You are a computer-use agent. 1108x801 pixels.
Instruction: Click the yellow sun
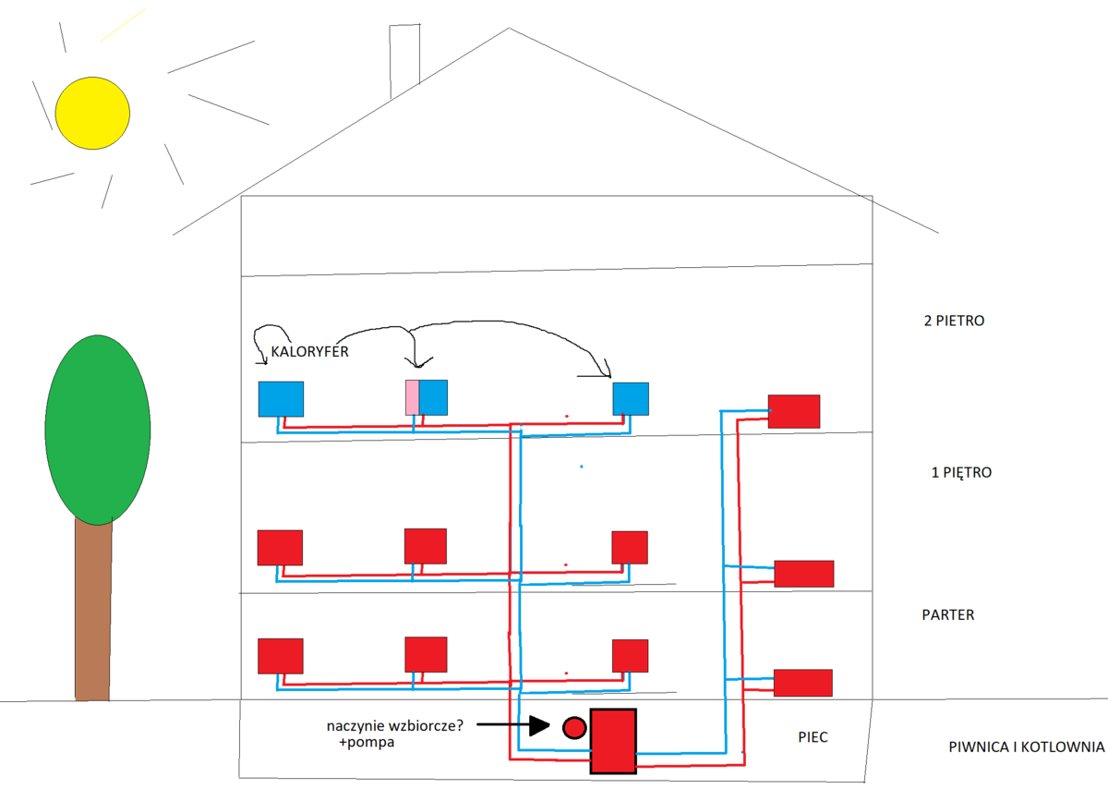[87, 113]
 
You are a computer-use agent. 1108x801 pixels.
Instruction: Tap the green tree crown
[97, 429]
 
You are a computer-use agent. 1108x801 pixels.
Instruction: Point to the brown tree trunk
[93, 610]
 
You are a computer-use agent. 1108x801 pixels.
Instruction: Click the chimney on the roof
[404, 55]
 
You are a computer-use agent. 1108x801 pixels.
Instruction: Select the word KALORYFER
[309, 352]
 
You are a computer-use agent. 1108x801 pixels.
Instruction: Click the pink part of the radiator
[412, 397]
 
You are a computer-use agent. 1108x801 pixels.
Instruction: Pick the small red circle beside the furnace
[574, 727]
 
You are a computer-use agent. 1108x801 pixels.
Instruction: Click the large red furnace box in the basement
[613, 741]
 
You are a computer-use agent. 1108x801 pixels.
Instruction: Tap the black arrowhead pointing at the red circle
[539, 726]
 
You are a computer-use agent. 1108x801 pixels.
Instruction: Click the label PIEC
[813, 738]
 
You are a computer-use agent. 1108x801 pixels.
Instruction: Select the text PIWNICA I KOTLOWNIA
[1026, 747]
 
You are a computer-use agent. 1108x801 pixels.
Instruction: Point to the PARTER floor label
[948, 614]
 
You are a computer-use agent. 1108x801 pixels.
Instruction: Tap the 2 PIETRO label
[954, 322]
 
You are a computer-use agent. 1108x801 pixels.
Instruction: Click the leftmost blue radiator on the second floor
[281, 398]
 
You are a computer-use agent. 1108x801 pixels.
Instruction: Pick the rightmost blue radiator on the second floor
[631, 398]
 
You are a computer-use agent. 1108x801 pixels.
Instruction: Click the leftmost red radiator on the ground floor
[280, 655]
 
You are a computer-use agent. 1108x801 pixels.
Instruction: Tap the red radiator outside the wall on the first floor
[803, 573]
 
